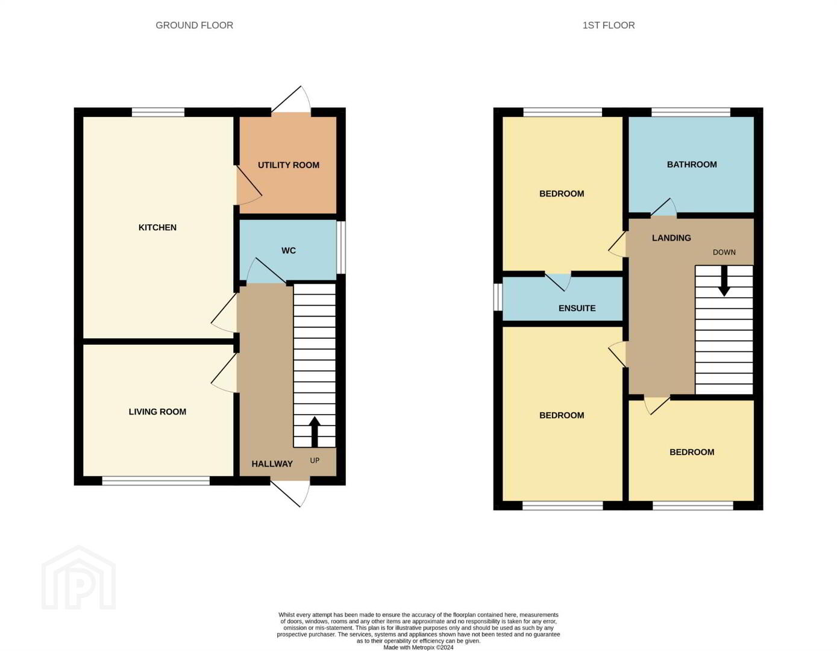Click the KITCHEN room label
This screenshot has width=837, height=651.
pos(157,227)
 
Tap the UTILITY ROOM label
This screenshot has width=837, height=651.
pos(289,165)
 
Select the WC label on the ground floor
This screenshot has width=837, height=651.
pos(289,250)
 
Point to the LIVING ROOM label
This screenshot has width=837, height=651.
pos(157,412)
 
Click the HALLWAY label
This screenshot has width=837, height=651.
pos(272,464)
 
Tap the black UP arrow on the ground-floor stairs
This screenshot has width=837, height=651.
pos(315,432)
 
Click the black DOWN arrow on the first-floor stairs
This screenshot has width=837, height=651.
pos(724,281)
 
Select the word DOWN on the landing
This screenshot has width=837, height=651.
pos(724,253)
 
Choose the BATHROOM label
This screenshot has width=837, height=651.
pos(692,165)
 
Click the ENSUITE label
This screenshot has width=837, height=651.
pos(577,308)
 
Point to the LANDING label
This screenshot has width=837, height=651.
pos(671,238)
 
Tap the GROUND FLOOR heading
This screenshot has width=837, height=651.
pos(194,25)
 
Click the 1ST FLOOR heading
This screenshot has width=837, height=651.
pos(609,25)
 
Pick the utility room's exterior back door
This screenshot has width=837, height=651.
pos(291,99)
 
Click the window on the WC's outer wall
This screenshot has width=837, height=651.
pos(341,247)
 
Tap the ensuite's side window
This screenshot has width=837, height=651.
pos(498,297)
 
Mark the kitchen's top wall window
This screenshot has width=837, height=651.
pos(158,112)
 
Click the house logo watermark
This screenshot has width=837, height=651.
pos(78,577)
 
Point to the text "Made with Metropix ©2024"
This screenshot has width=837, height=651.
pos(418,647)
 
